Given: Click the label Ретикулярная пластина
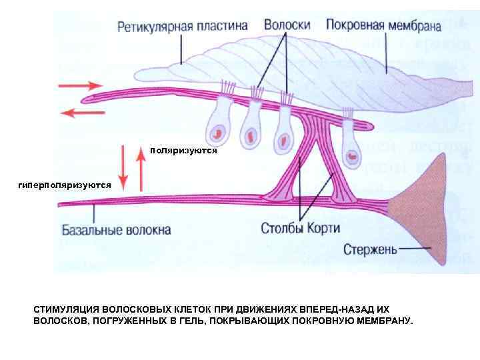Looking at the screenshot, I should point(183,27).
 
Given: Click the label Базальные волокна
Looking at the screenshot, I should point(117,230).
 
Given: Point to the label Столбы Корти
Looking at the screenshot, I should point(300,229).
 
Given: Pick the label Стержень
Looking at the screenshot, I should point(371,250).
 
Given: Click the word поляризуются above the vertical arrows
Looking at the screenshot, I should point(184,151).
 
